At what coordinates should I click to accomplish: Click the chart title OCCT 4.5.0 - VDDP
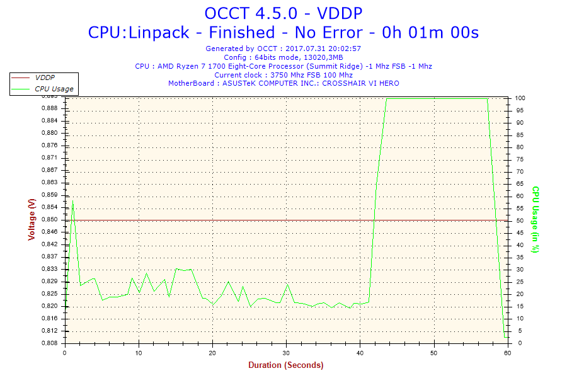click(283, 13)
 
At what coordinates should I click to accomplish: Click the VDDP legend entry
click(44, 77)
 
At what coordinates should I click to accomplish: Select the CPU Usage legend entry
click(54, 89)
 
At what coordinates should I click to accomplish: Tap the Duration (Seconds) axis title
click(285, 365)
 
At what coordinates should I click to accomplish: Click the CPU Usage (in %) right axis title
click(535, 219)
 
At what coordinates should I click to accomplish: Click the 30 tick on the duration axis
click(287, 353)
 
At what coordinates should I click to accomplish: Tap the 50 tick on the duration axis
click(434, 353)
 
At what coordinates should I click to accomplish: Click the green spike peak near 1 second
click(72, 202)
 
